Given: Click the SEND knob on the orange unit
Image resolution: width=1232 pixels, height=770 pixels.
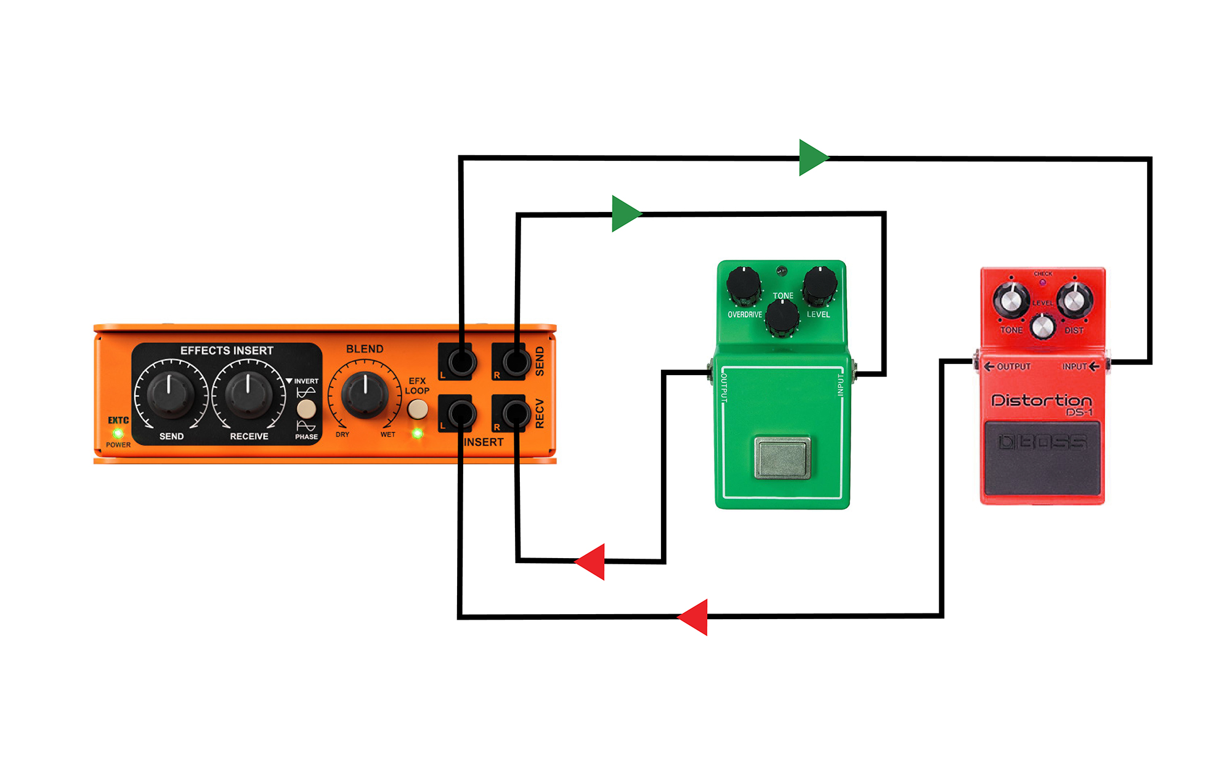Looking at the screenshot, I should [170, 394].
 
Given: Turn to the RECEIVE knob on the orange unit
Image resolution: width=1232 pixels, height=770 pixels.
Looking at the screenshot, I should [248, 394].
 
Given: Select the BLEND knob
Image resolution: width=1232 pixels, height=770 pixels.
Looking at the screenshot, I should [365, 394].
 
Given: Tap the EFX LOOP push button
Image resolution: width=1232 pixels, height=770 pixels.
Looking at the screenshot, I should [418, 409].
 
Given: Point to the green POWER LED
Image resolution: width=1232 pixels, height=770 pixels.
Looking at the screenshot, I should [118, 434].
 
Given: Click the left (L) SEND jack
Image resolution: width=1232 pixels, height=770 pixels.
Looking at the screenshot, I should [461, 362].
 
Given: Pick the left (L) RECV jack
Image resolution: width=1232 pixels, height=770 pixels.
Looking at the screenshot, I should [461, 415].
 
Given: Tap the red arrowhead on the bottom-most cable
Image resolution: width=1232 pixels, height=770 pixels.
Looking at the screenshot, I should [693, 617].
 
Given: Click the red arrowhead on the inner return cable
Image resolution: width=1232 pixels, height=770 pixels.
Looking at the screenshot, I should [590, 561].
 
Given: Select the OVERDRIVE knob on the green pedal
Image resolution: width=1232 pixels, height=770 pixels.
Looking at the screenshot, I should [744, 285].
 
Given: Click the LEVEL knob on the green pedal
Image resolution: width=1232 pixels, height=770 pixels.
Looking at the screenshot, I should [820, 285].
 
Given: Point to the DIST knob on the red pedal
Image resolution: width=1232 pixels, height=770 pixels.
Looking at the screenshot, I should [1074, 300].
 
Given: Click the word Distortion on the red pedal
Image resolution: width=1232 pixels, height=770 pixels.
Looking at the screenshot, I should [1041, 400].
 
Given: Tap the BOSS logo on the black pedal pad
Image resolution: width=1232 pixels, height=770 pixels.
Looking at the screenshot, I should [1042, 442].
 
